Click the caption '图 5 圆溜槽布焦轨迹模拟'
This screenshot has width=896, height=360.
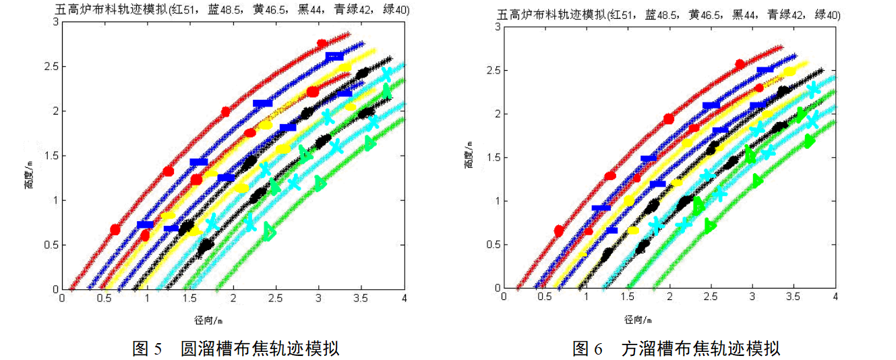click(235, 349)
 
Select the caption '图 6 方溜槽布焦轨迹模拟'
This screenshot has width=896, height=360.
click(676, 349)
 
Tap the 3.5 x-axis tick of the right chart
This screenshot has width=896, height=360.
click(794, 297)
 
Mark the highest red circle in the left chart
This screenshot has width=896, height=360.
click(322, 44)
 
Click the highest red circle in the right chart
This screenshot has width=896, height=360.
click(740, 64)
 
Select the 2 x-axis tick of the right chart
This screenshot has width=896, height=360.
click(669, 297)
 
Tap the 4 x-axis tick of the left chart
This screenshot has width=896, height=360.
click(404, 297)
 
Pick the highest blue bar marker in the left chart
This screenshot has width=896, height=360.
click(334, 57)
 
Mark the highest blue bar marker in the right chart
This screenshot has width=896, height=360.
click(765, 70)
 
